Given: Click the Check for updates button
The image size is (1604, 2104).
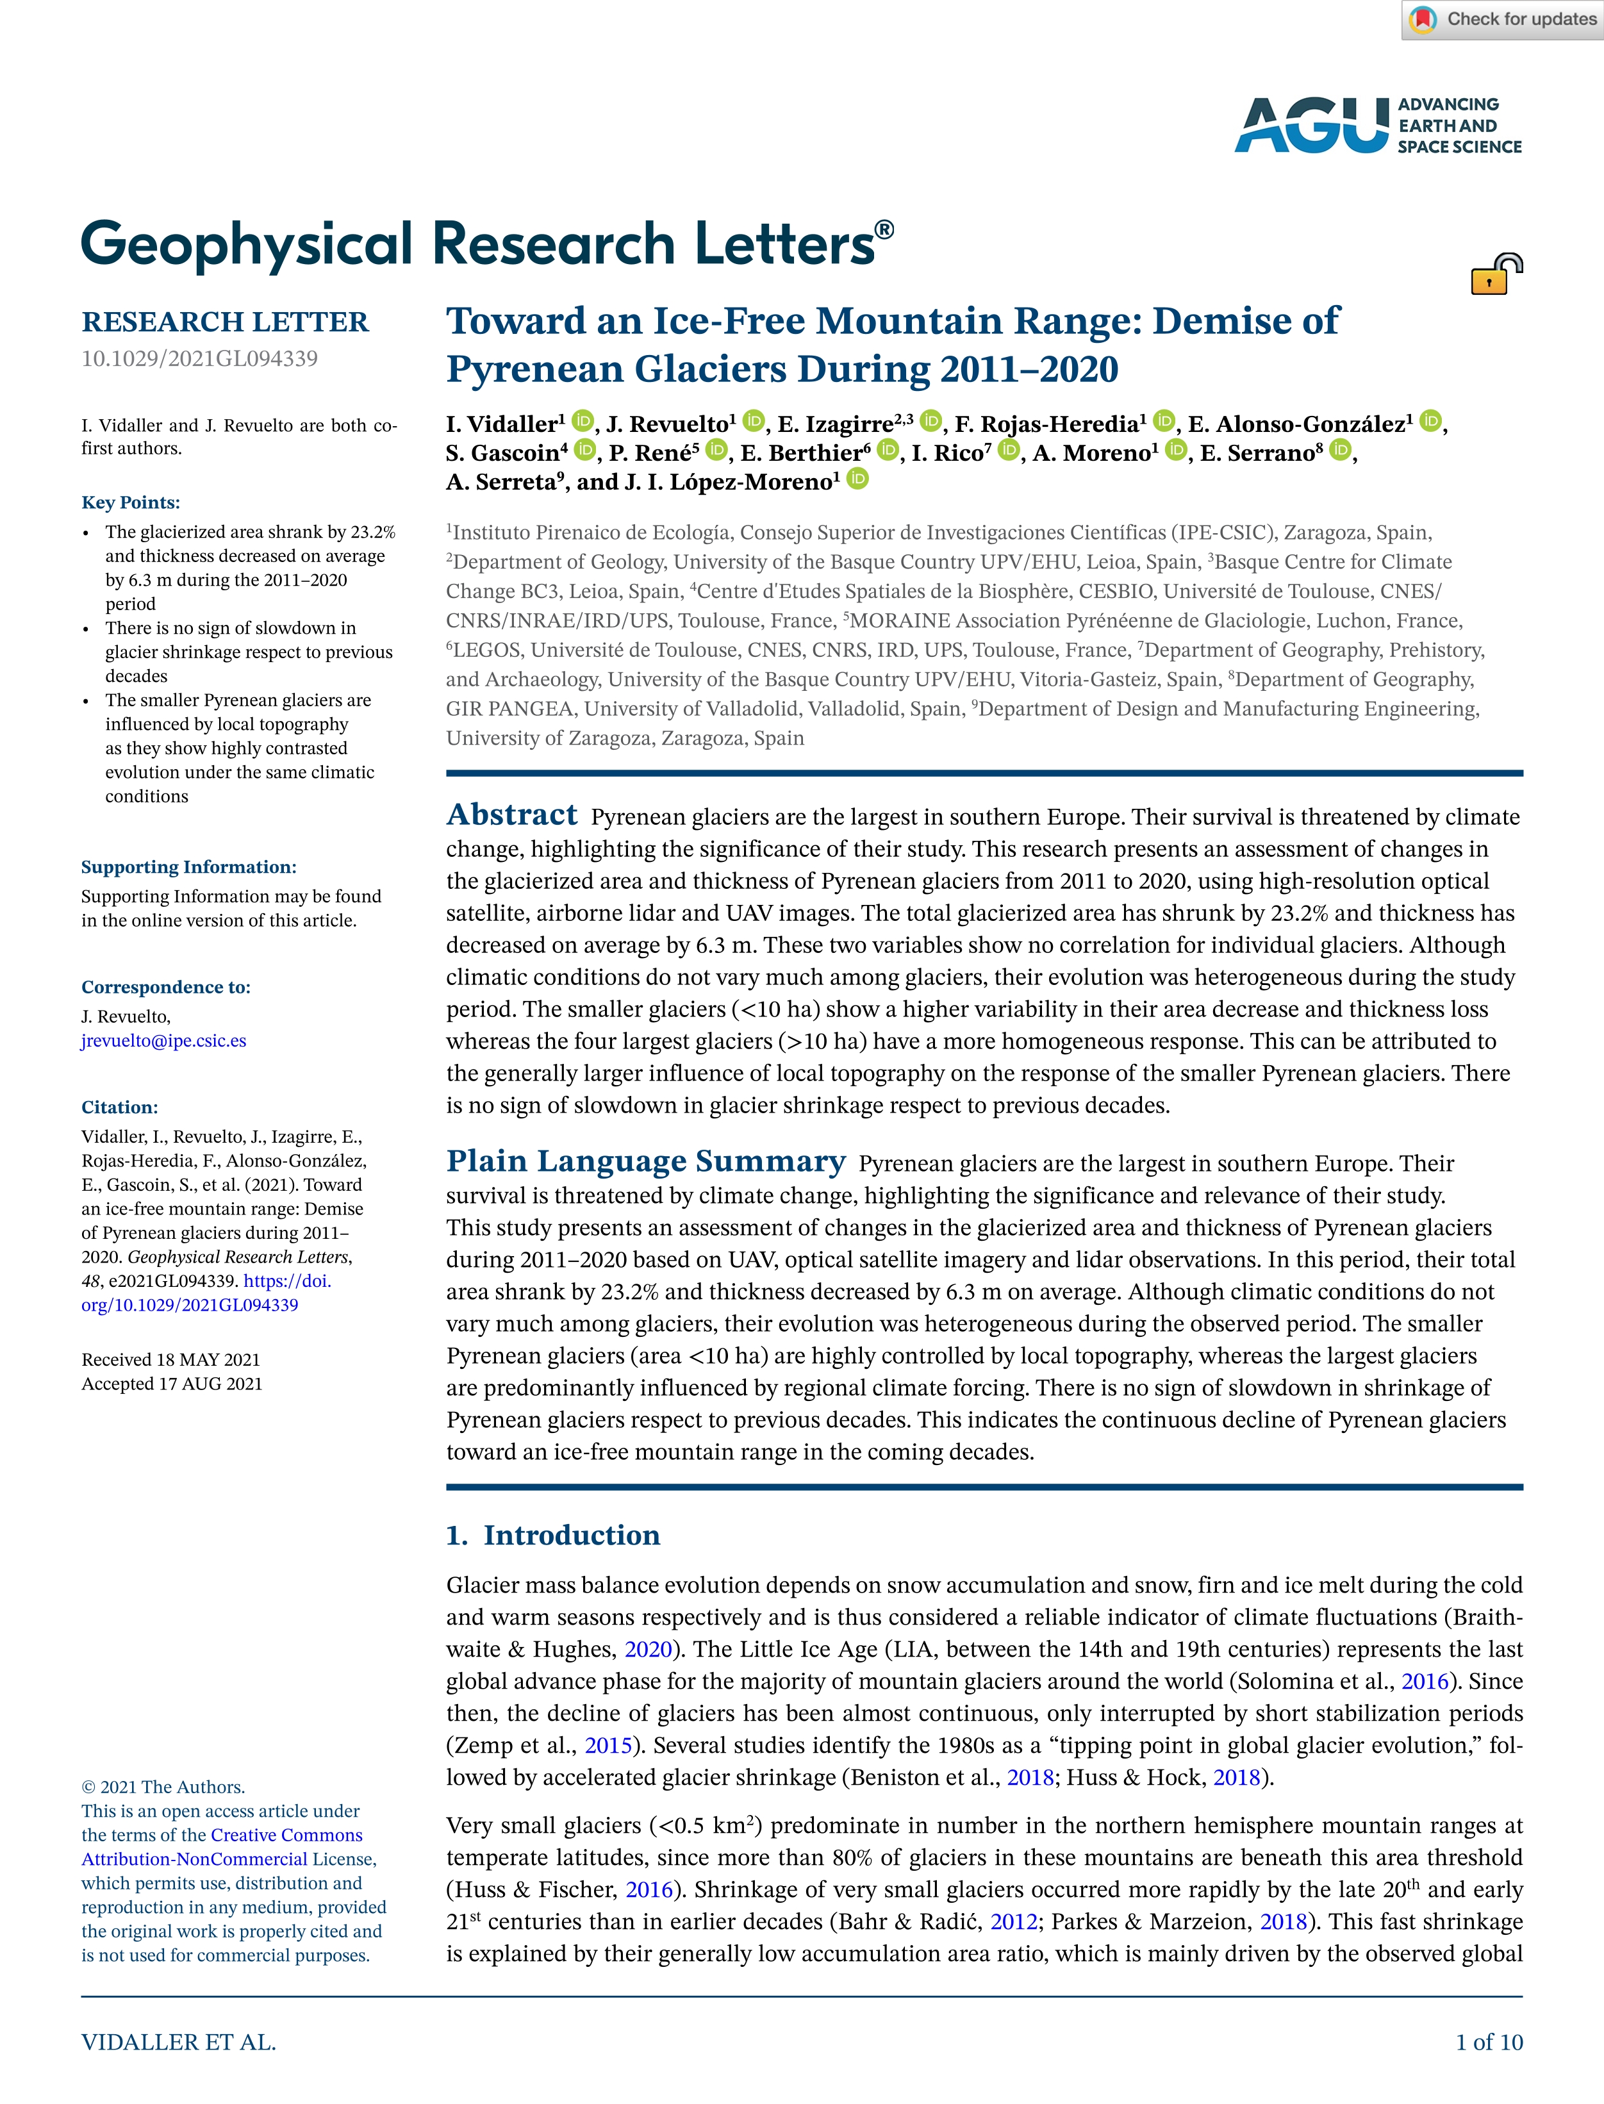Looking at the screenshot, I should click(1503, 20).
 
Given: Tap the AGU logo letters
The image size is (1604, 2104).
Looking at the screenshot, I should click(1312, 125).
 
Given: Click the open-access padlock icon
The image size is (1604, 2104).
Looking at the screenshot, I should click(1494, 275).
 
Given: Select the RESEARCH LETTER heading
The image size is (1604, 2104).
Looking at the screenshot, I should click(224, 322).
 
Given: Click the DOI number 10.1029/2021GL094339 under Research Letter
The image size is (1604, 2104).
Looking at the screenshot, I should click(199, 359).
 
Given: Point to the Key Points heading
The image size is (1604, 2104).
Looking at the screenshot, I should click(131, 503).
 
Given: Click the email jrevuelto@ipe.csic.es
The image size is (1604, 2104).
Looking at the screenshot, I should click(163, 1041).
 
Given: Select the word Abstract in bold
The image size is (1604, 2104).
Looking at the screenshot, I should click(512, 815).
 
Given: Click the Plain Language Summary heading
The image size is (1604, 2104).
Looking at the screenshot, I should click(645, 1161).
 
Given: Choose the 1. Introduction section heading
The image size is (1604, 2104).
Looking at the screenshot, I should click(553, 1535).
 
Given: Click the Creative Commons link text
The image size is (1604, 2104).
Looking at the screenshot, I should click(286, 1835).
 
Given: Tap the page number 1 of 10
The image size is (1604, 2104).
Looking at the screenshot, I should click(1489, 2042).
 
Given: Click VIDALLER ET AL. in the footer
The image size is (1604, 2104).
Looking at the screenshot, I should click(179, 2042).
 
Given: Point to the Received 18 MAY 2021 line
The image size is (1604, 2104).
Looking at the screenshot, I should click(171, 1359).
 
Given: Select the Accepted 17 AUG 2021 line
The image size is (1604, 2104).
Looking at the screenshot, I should click(172, 1383).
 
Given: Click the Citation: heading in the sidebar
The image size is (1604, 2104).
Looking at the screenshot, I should click(119, 1107).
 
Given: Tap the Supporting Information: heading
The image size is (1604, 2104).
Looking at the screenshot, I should click(189, 867).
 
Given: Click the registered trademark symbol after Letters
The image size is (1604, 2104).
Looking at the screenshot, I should click(884, 229).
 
